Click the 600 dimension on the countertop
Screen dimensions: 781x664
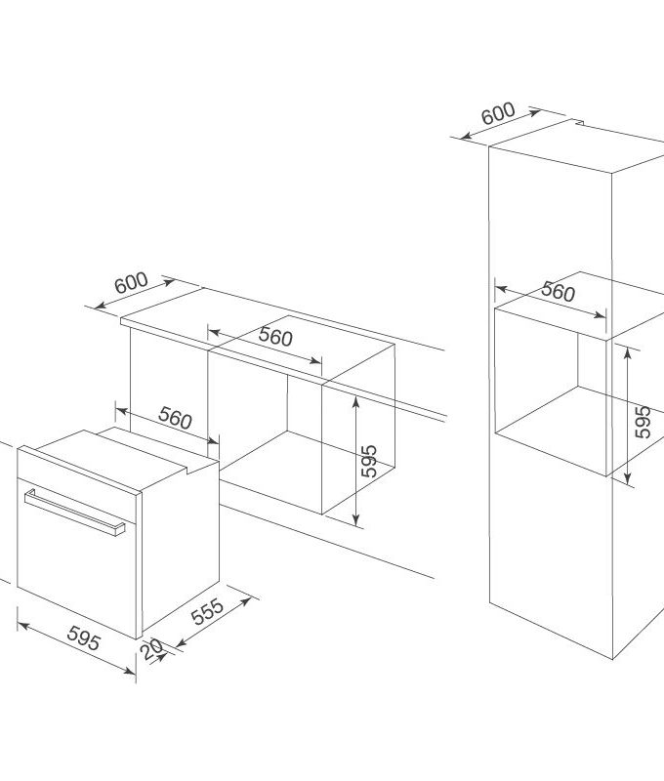(131, 283)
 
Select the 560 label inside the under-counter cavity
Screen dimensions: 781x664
(276, 338)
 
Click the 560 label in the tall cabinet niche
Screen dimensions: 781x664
(558, 292)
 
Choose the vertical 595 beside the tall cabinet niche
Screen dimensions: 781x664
(642, 420)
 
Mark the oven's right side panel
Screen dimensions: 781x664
(181, 547)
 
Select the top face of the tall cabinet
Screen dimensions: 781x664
(576, 146)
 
